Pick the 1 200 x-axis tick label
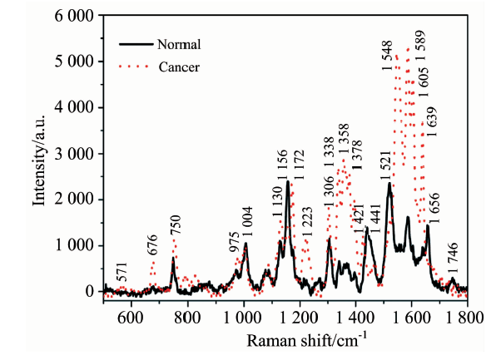(300, 316)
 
